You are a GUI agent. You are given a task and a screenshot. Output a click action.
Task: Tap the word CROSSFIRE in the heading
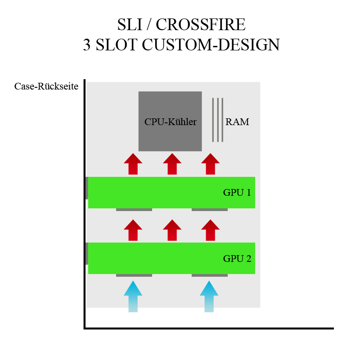pos(201,24)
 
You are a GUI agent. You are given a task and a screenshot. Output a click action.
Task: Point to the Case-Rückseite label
pos(46,86)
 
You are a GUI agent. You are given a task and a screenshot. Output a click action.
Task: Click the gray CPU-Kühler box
pos(170,121)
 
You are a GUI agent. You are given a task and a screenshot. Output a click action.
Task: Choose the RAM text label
pos(237,122)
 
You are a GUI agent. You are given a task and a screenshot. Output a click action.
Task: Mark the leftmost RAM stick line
pos(213,120)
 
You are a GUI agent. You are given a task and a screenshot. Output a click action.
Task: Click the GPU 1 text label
pos(237,193)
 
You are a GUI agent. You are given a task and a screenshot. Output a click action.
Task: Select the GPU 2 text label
pos(237,258)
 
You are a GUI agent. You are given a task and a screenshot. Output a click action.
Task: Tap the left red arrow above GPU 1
pos(133,164)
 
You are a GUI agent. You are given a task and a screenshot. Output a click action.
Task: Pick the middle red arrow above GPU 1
pos(172,164)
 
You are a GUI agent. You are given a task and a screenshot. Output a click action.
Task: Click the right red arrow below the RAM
pos(210,164)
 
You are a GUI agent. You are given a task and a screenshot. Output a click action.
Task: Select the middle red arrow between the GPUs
pos(172,230)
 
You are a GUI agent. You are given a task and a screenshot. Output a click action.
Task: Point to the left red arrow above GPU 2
pos(133,230)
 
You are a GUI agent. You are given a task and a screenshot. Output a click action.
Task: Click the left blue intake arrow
pos(133,297)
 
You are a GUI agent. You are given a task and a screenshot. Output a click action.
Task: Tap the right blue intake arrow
pos(209,297)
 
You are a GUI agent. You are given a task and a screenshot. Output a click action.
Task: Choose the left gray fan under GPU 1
pos(134,210)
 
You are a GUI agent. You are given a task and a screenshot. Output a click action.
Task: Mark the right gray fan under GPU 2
pos(210,275)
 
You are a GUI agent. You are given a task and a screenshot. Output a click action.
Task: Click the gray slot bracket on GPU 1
pos(87,188)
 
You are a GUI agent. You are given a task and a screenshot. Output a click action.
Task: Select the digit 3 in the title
pos(86,45)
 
